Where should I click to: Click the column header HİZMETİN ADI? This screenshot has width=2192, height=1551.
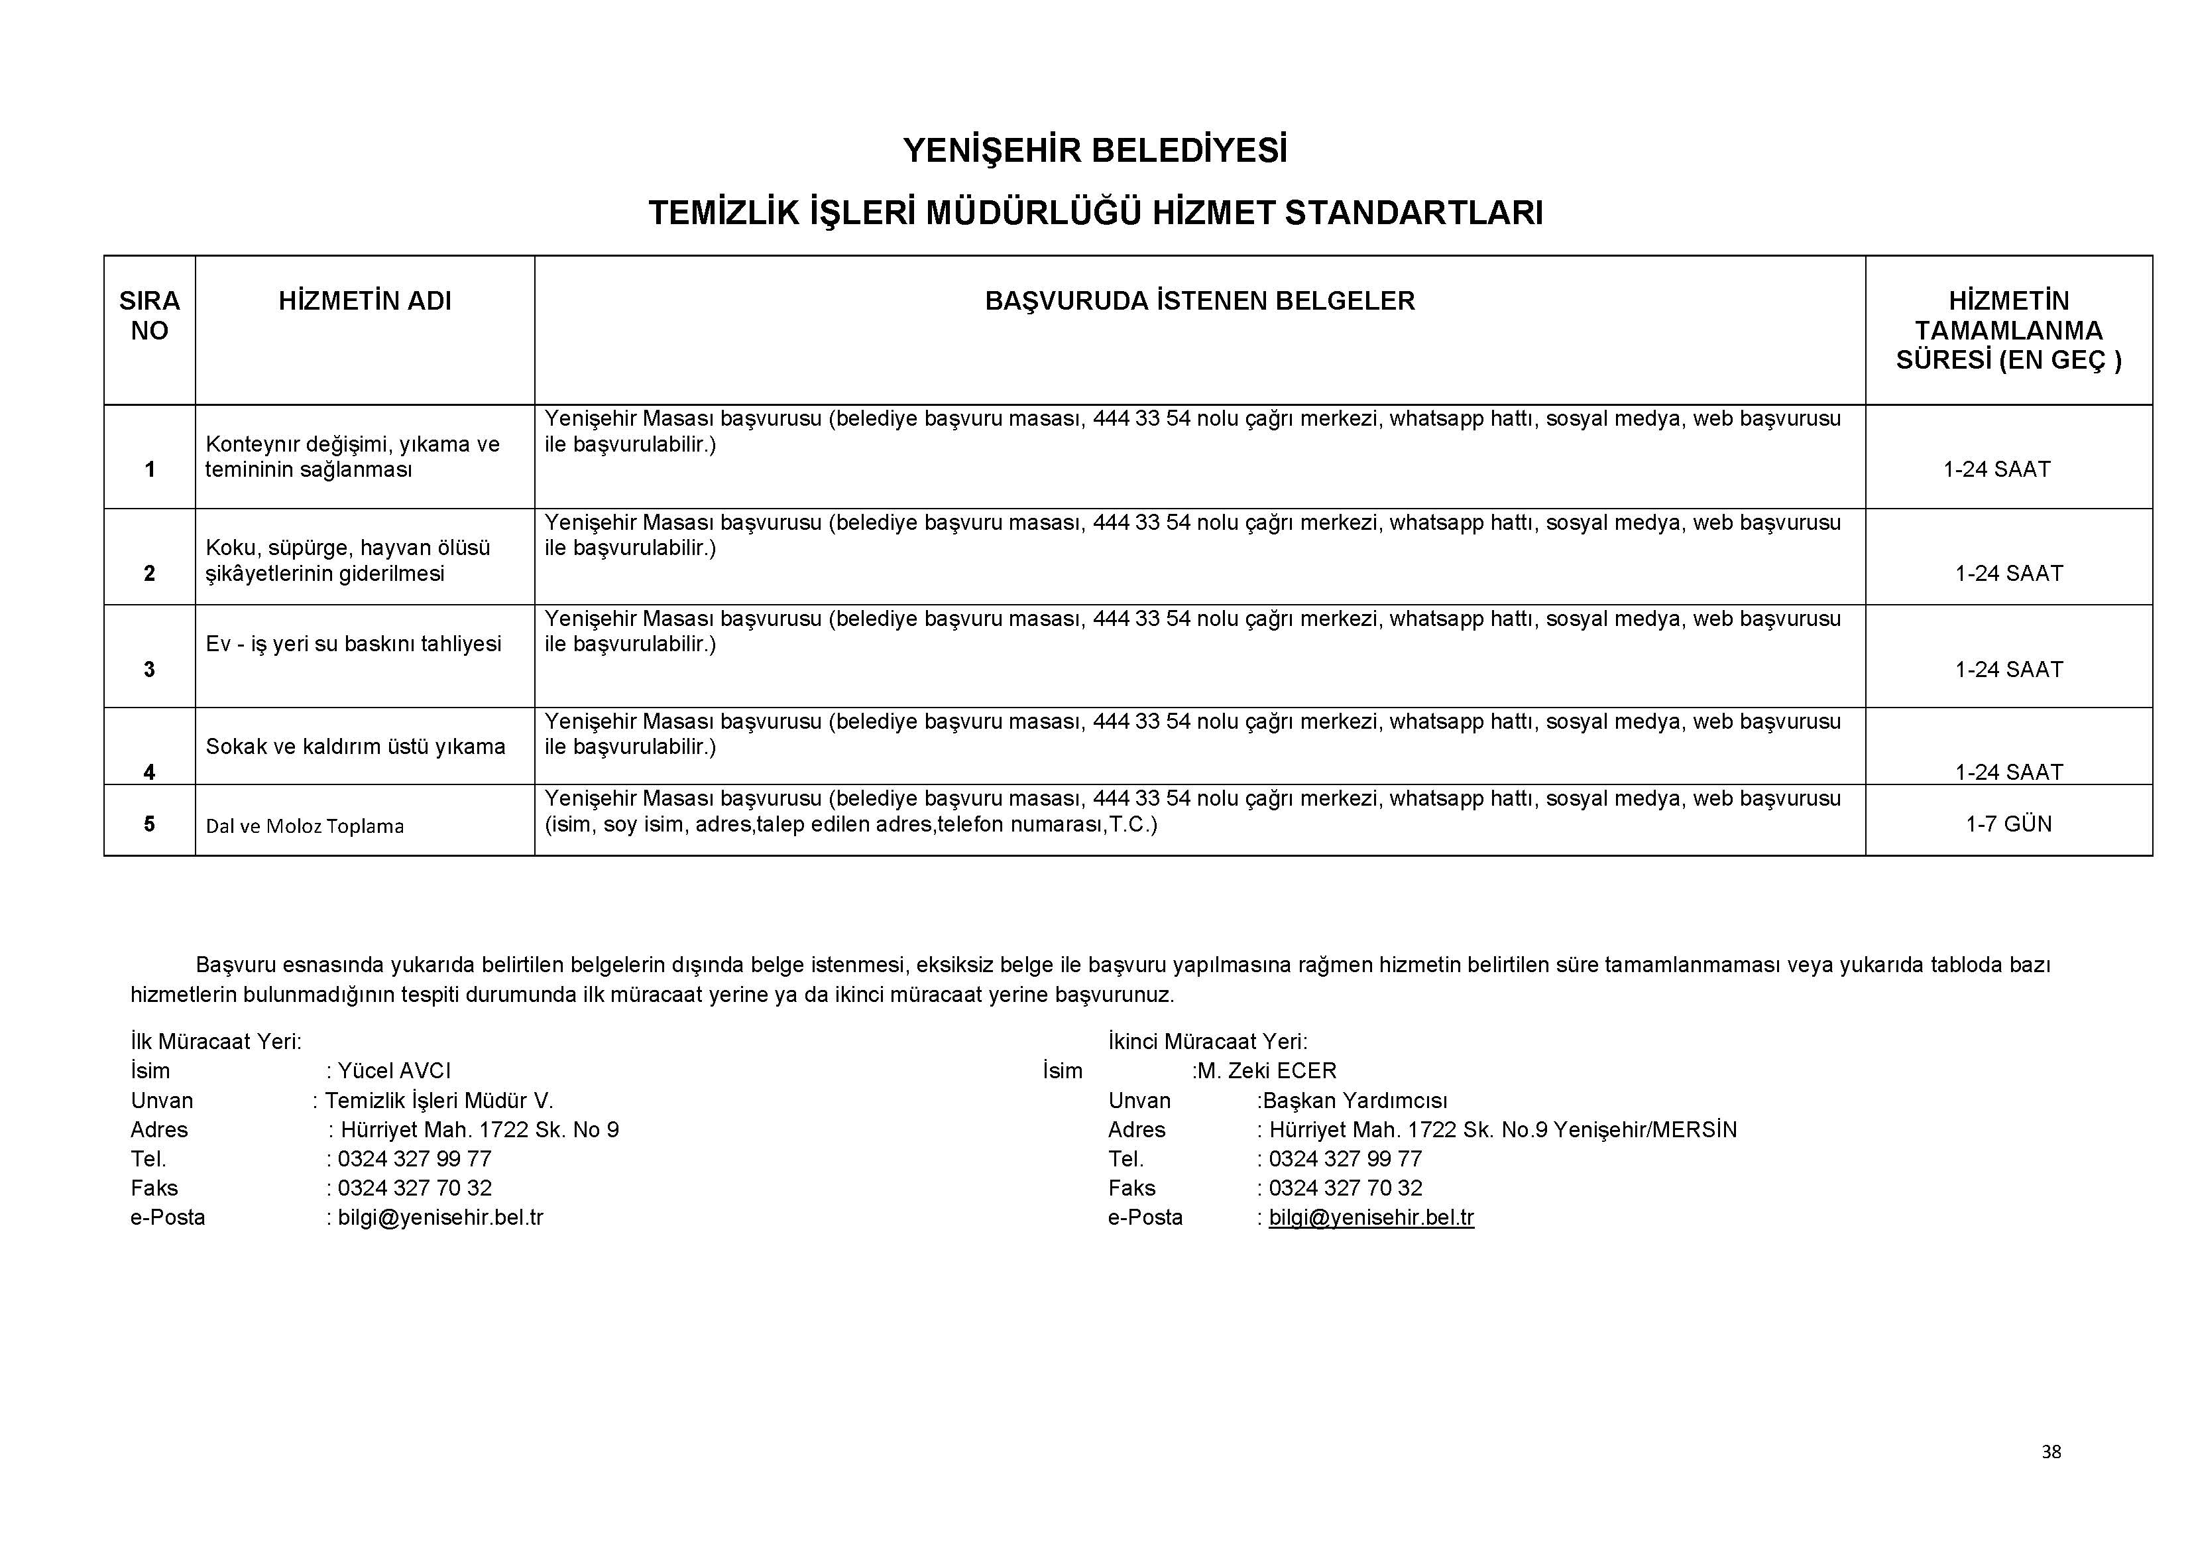(365, 301)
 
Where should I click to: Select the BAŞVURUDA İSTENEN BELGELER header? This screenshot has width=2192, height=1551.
(1199, 301)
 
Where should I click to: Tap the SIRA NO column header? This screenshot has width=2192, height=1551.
(149, 316)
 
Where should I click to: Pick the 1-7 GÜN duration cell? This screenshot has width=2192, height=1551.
(2008, 824)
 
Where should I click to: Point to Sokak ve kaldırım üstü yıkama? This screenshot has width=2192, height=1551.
(355, 747)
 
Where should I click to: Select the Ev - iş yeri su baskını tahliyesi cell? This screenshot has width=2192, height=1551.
(353, 644)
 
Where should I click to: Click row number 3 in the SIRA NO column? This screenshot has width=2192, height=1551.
(149, 670)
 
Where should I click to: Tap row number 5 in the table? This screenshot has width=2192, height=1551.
(149, 824)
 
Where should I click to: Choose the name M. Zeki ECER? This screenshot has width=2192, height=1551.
(1267, 1071)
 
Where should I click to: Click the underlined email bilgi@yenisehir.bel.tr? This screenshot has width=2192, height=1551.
(1371, 1217)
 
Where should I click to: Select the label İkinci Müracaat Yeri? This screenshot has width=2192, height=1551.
(1208, 1041)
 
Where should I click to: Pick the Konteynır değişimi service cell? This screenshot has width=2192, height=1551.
(352, 456)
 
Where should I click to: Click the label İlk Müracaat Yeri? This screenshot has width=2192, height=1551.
(216, 1041)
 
